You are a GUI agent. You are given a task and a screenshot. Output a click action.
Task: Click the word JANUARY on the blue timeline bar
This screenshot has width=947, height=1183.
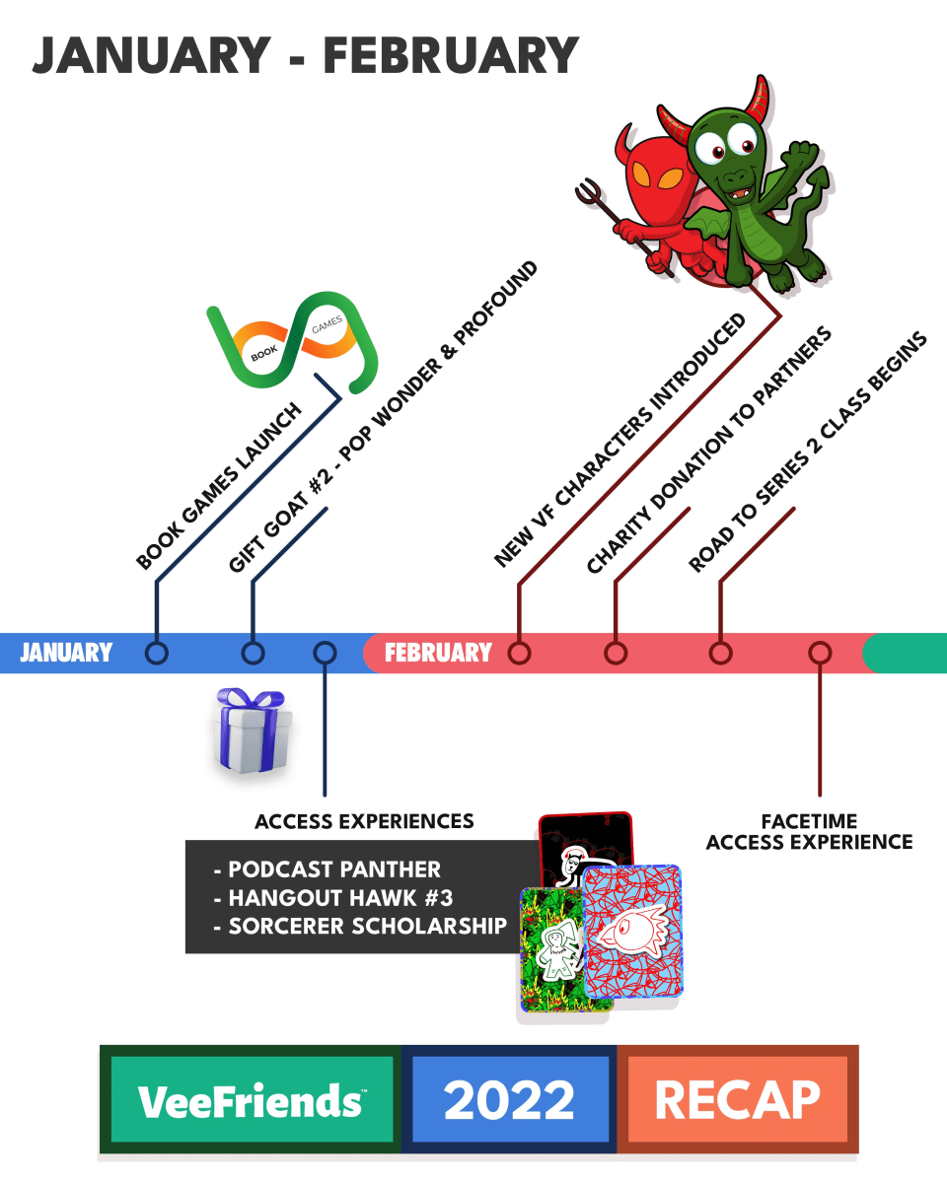pos(66,653)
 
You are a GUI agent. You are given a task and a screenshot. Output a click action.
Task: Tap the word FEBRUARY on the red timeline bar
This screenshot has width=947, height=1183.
pos(438,653)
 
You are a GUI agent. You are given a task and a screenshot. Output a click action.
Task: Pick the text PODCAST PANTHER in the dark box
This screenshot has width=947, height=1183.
pos(333,870)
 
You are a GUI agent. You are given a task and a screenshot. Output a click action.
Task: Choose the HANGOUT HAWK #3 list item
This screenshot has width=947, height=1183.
pos(334,898)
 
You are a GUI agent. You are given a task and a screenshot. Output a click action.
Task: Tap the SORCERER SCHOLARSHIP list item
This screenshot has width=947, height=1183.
pos(367,926)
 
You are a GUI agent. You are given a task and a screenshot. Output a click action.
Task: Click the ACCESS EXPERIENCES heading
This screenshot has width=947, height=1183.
pos(364,821)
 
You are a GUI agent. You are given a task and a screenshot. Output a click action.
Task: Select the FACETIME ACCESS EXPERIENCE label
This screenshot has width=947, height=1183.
pos(809,831)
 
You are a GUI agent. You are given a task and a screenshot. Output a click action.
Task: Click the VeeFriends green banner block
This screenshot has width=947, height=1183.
pos(251,1099)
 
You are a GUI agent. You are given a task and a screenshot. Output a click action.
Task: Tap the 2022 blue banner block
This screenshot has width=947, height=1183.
pos(509,1099)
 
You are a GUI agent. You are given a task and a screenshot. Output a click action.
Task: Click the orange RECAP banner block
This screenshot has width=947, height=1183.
pos(737,1099)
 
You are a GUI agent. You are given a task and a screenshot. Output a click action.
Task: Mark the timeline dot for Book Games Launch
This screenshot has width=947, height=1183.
pos(156,653)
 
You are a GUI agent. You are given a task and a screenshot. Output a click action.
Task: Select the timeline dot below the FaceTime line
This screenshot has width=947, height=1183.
pos(820,653)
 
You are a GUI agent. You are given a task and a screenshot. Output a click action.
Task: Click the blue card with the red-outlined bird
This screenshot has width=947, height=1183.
pos(632,932)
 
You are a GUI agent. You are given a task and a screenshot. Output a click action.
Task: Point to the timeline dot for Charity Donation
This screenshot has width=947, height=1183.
pos(616,653)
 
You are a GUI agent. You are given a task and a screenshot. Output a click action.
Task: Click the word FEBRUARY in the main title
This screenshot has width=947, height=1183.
pos(450,56)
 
